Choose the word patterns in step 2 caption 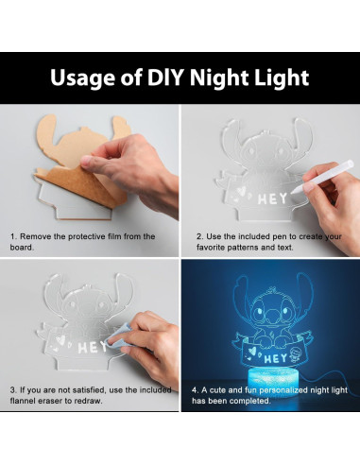coord(253,248)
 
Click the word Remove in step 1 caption coord(37,236)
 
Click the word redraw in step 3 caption coord(94,400)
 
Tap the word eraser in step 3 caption coord(60,400)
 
